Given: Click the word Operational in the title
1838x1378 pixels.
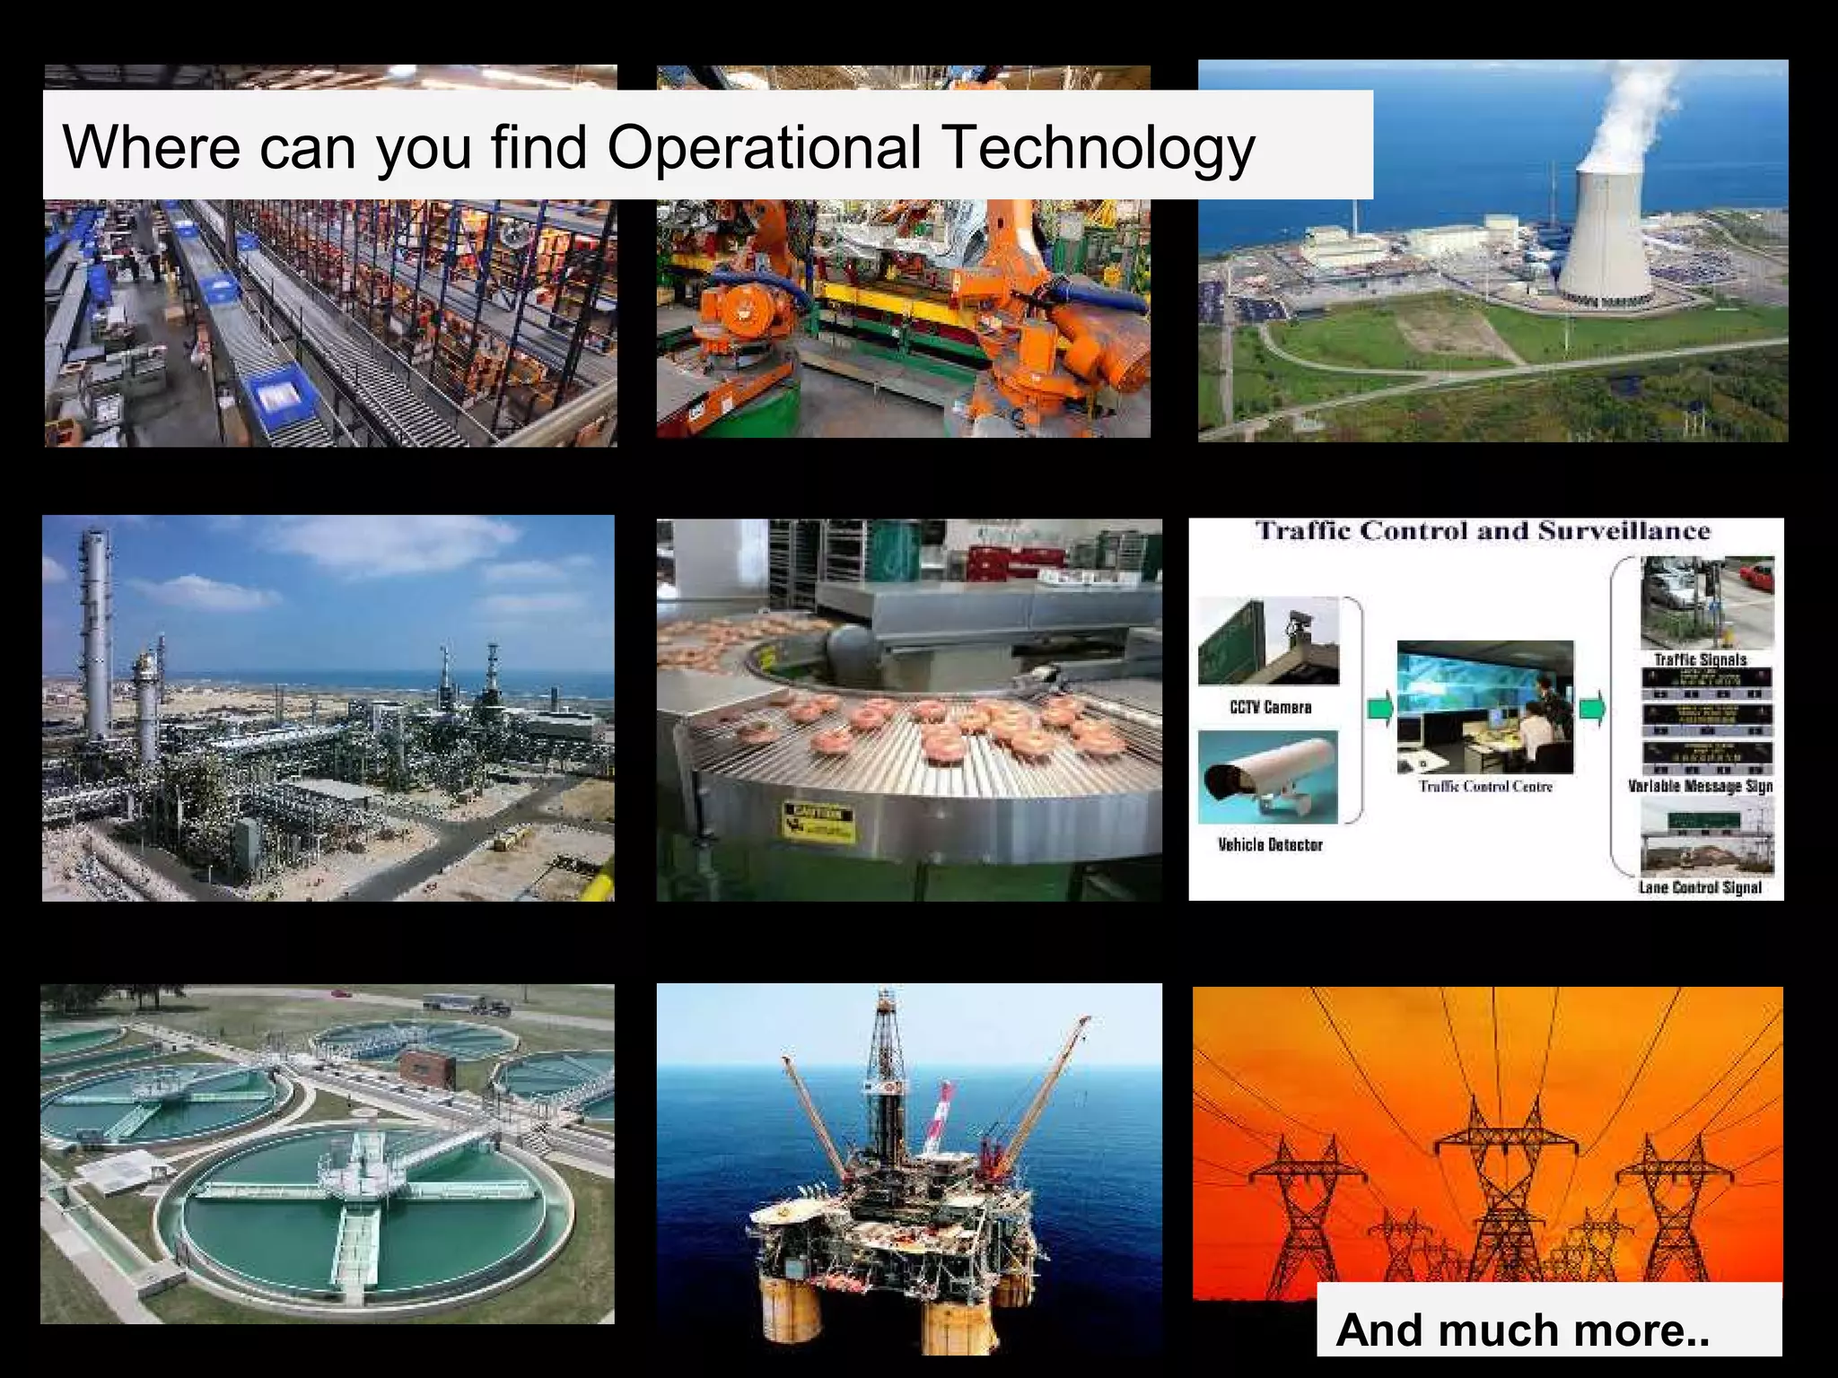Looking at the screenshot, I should point(764,146).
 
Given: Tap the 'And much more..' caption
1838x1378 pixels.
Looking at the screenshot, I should point(1522,1329).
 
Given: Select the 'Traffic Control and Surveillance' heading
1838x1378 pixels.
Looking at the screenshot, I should point(1483,530).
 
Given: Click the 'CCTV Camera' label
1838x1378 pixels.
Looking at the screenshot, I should point(1270,707).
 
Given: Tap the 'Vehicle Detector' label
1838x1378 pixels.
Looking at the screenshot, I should point(1270,844).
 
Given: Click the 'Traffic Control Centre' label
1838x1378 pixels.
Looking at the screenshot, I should point(1485,787).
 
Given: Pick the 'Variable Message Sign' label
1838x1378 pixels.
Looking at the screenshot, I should point(1700,786).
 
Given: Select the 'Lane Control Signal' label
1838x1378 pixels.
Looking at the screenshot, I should point(1700,887).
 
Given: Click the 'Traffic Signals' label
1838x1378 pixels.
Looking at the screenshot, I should point(1701,659).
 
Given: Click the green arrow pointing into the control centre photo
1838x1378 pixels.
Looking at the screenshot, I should point(1380,709).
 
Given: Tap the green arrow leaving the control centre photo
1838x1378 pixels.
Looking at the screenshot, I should point(1592,709).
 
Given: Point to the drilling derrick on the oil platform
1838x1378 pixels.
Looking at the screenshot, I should point(887,1068).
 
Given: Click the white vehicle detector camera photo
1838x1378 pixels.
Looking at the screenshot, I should point(1267,777).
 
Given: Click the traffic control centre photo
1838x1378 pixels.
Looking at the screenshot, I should point(1485,707).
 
